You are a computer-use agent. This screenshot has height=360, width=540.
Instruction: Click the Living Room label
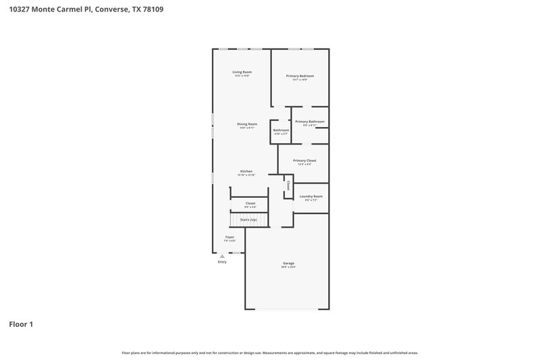pos(242,72)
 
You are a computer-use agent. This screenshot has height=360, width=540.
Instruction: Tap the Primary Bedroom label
pos(300,76)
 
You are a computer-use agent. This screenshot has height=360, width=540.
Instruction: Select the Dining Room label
pos(246,124)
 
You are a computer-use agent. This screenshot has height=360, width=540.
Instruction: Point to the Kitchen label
pos(246,172)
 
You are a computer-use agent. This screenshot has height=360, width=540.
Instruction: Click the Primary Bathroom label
pos(310,121)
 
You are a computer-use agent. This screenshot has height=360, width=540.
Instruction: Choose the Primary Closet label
pos(304,160)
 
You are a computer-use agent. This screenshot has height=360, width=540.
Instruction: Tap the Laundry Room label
pos(311,196)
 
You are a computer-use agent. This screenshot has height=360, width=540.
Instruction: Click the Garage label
pos(288,263)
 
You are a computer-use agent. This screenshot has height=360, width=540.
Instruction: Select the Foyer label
pos(230,237)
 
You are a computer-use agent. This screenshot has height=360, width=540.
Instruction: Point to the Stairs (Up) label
pos(248,220)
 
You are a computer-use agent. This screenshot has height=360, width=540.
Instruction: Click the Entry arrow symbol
pos(222,256)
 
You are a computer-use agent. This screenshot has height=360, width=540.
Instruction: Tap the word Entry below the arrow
pos(222,262)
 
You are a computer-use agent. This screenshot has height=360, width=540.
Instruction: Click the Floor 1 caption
pos(20,324)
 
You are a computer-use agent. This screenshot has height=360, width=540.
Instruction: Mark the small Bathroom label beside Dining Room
pos(281,130)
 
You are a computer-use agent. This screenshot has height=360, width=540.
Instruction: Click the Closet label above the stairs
pos(250,203)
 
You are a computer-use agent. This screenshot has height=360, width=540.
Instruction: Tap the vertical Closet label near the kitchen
pos(288,184)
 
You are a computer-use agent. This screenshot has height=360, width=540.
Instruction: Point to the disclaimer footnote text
pos(270,353)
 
